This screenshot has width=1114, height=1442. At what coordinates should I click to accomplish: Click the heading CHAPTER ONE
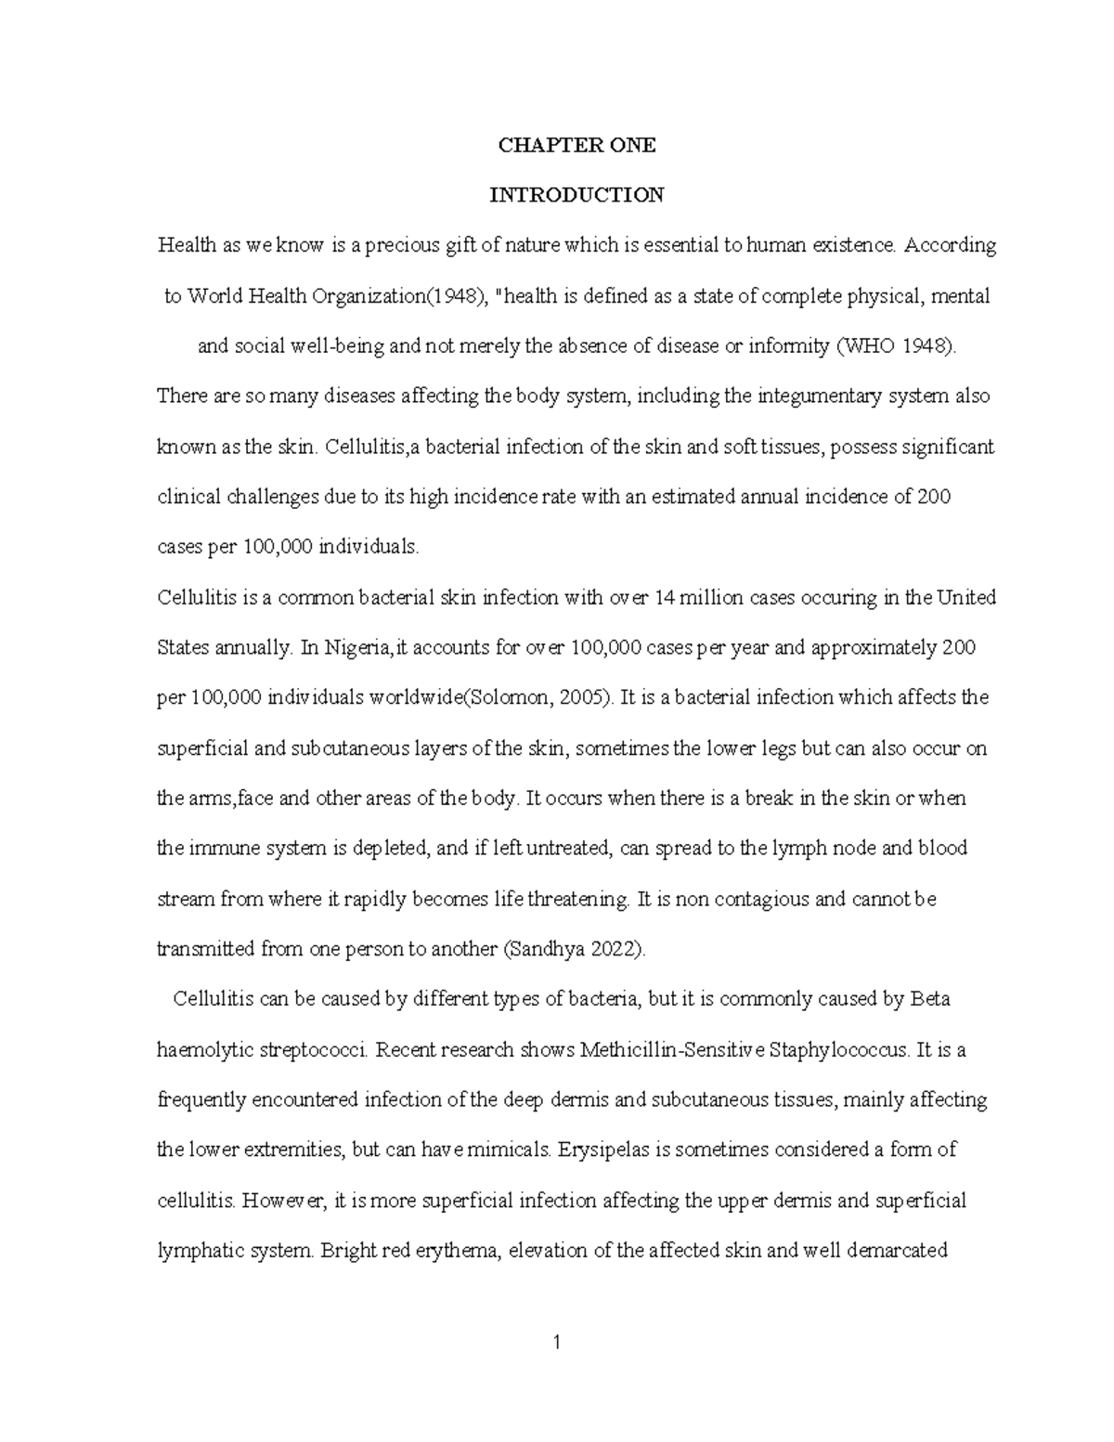coord(576,145)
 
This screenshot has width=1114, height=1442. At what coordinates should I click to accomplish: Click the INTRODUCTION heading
coord(576,195)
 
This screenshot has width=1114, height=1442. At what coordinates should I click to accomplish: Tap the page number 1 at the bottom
coord(557,1343)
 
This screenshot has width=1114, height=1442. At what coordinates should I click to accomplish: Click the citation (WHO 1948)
coord(895,346)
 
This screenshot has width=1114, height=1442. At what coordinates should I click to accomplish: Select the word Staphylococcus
coord(841,1050)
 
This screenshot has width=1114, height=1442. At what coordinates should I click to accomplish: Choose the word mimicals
coord(500,1150)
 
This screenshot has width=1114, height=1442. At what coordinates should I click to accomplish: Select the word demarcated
coord(896,1250)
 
